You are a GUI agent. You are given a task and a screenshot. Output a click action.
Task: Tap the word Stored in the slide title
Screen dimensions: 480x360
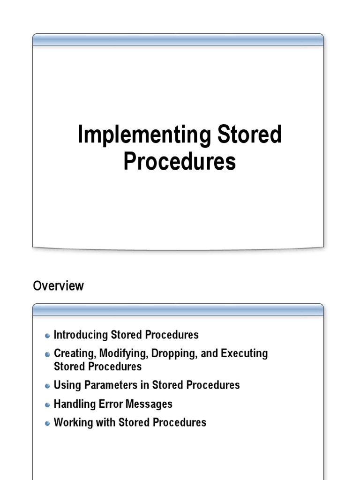(x=249, y=135)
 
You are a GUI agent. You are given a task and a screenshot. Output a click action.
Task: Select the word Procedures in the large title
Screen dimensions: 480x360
(x=180, y=161)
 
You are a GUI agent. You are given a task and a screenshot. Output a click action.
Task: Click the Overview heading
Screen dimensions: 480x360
(x=58, y=286)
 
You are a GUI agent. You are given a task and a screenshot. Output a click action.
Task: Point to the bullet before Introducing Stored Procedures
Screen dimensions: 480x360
(x=47, y=336)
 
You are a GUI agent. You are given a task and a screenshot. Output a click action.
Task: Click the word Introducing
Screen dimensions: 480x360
(x=81, y=335)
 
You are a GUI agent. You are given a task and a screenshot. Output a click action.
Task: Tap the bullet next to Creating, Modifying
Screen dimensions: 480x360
(x=47, y=354)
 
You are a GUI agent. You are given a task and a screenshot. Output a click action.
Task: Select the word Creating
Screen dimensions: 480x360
(x=74, y=353)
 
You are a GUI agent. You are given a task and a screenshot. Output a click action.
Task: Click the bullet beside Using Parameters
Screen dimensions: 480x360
(x=47, y=386)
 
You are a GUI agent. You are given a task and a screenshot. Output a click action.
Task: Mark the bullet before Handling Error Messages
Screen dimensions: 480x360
(x=47, y=405)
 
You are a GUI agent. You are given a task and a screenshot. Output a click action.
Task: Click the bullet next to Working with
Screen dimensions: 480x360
(x=47, y=423)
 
